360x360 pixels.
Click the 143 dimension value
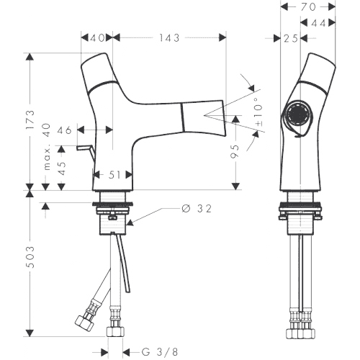[x=169, y=38]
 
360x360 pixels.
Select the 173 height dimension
[x=30, y=120]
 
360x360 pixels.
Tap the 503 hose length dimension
[x=30, y=256]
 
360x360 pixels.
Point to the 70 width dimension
[x=308, y=7]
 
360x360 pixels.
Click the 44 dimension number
[x=318, y=23]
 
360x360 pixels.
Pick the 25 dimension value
[x=291, y=38]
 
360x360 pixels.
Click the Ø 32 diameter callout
[x=197, y=209]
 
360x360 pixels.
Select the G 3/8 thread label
[x=160, y=352]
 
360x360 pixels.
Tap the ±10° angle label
[x=258, y=112]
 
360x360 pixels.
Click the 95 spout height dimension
[x=235, y=151]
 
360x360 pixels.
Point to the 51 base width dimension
[x=114, y=175]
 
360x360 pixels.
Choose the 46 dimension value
[x=64, y=130]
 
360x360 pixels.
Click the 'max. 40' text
[x=47, y=147]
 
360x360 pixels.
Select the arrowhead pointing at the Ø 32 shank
[x=130, y=223]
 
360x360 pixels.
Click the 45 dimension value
[x=62, y=168]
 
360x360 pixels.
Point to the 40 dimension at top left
[x=97, y=38]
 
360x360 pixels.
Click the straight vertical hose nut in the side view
[x=115, y=331]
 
